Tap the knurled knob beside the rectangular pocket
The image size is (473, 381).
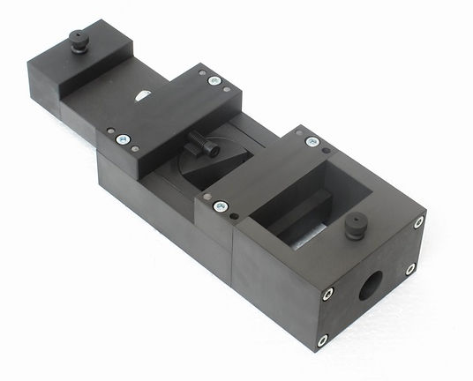(x=355, y=227)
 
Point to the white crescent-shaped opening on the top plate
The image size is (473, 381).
(x=142, y=96)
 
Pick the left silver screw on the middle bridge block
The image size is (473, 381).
(x=123, y=139)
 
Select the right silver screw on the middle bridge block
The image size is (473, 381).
(x=214, y=80)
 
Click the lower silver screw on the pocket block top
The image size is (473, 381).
(x=221, y=206)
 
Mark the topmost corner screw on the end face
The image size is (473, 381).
(x=418, y=221)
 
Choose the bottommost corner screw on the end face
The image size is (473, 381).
(x=322, y=340)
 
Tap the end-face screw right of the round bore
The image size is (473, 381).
(x=410, y=269)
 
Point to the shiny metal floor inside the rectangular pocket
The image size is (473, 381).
(x=311, y=231)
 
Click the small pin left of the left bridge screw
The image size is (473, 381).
(x=109, y=135)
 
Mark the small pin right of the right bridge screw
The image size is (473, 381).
(x=227, y=87)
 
